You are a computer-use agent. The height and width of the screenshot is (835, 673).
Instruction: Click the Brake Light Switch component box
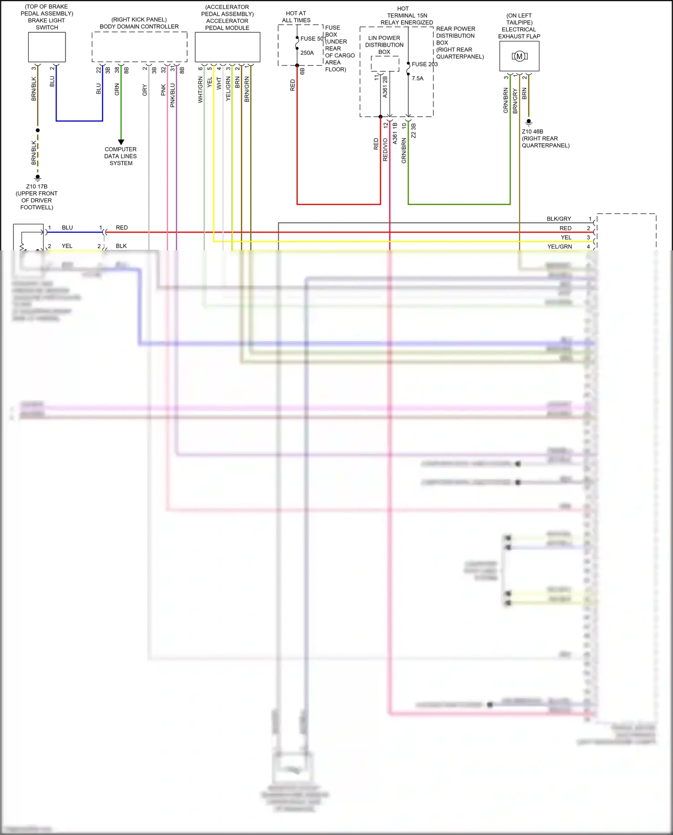47,47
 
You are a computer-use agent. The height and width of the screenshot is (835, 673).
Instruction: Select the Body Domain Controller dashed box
139,47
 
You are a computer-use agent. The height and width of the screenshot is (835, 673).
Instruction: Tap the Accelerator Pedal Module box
227,47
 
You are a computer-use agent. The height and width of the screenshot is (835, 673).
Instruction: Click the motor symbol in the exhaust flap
519,57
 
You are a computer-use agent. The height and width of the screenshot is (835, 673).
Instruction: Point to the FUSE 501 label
313,39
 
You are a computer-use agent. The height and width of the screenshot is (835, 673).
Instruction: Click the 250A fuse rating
307,53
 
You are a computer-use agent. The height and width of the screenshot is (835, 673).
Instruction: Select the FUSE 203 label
424,64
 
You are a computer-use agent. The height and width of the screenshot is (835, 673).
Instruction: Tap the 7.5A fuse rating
417,79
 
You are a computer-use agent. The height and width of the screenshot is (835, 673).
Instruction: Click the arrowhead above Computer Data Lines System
121,142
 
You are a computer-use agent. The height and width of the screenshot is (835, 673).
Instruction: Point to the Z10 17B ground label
37,187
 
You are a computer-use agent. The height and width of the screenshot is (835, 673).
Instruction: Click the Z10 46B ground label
533,132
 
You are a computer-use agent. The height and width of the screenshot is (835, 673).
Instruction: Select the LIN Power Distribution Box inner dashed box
385,63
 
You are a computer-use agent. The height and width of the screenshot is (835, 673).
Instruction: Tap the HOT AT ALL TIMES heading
296,17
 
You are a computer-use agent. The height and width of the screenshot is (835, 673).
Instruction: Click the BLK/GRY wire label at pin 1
559,219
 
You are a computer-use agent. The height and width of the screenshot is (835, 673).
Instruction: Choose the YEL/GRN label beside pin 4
559,247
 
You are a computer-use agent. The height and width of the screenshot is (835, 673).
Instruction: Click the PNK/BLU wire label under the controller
173,95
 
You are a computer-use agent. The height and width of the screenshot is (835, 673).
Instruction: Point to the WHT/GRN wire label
201,90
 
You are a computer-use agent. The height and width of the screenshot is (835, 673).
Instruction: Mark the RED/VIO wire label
385,150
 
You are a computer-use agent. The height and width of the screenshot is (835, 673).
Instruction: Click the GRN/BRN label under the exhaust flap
506,101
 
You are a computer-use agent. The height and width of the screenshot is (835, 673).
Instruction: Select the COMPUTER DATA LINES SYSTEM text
121,156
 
